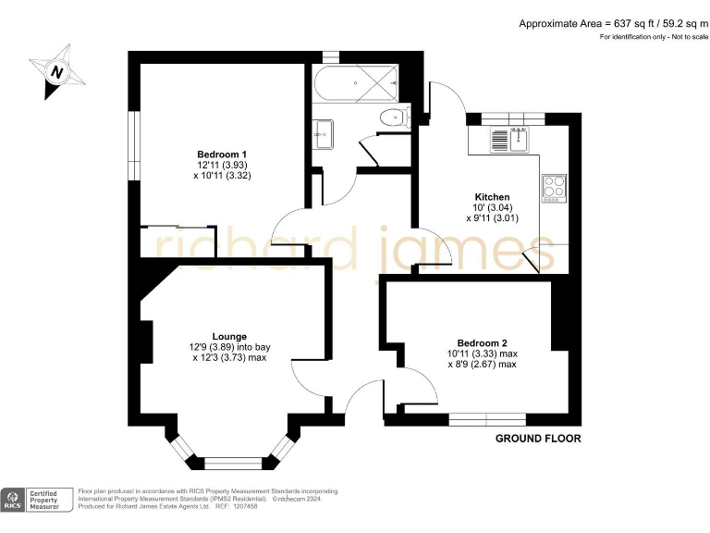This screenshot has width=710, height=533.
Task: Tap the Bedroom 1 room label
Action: (x=222, y=154)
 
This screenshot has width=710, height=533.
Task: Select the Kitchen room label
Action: (x=492, y=197)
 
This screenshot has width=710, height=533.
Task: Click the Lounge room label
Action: (x=229, y=336)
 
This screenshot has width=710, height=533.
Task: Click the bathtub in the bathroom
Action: (x=356, y=86)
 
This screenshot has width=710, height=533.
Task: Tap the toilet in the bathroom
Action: (x=396, y=118)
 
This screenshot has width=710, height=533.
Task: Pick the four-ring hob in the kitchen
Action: (x=555, y=187)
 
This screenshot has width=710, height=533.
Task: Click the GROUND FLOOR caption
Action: (x=538, y=438)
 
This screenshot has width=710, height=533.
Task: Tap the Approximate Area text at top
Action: (x=610, y=23)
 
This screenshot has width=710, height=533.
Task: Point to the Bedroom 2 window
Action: (x=487, y=418)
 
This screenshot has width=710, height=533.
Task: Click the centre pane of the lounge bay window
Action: (x=231, y=461)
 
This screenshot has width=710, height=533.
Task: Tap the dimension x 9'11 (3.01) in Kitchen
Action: (x=492, y=219)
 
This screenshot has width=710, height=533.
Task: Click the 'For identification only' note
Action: (x=648, y=37)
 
